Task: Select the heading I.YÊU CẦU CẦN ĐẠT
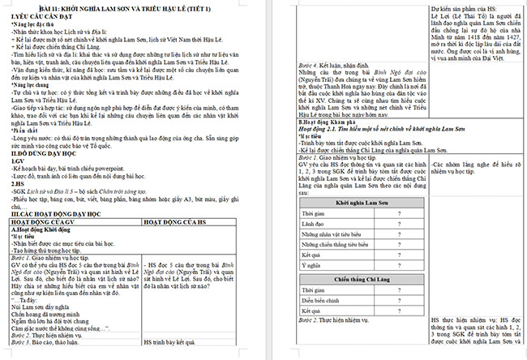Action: coord(36,15)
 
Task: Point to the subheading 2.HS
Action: coord(17,182)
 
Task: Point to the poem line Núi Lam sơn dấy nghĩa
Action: coord(41,309)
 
